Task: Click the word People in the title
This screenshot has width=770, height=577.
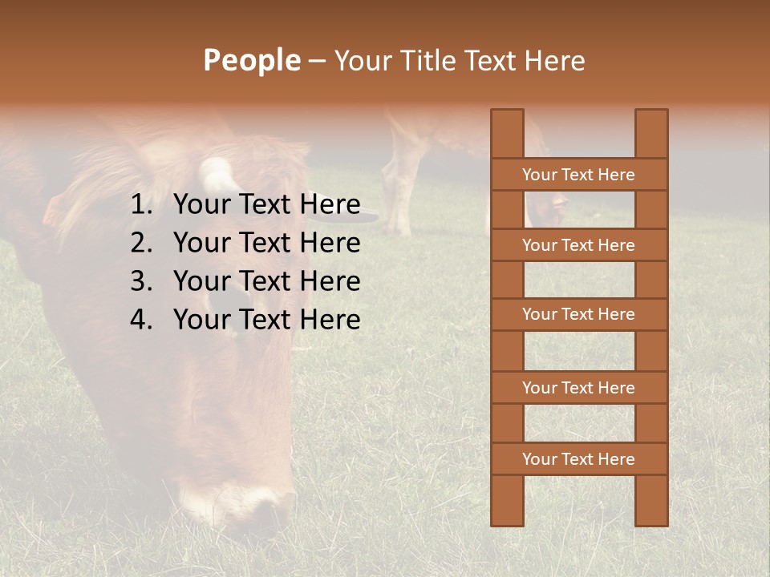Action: click(x=251, y=60)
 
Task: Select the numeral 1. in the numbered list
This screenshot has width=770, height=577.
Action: click(x=141, y=205)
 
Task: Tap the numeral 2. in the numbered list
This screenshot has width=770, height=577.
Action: click(x=141, y=243)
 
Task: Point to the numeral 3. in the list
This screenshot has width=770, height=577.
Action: click(x=141, y=281)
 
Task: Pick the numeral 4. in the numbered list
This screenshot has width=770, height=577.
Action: click(x=141, y=320)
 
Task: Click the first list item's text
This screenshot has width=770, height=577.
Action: click(x=266, y=205)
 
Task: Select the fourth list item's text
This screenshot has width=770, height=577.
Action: click(x=266, y=320)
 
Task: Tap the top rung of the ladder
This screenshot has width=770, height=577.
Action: click(x=578, y=175)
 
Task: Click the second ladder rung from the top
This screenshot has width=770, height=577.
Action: click(x=578, y=245)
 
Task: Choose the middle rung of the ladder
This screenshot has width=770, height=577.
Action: click(x=578, y=314)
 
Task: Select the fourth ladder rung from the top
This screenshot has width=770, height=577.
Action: click(x=578, y=388)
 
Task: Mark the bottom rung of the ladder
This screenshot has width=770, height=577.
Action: click(x=578, y=459)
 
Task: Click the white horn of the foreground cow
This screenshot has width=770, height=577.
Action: click(x=217, y=175)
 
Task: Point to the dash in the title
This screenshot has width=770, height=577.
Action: click(x=316, y=61)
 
